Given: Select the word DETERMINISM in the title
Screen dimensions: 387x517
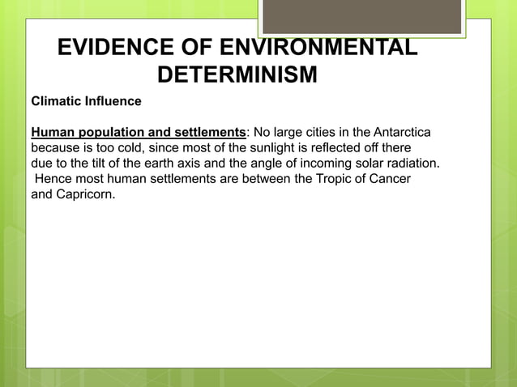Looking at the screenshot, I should pyautogui.click(x=237, y=76).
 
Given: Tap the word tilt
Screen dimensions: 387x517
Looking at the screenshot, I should pyautogui.click(x=94, y=164).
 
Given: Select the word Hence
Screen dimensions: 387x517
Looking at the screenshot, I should pyautogui.click(x=52, y=179).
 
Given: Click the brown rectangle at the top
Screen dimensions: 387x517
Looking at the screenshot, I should pyautogui.click(x=361, y=16).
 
